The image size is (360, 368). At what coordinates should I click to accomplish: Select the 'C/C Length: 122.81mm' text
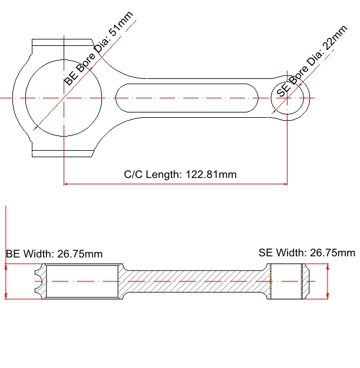click(180, 174)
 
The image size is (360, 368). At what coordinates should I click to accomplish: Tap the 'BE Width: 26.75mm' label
click(54, 254)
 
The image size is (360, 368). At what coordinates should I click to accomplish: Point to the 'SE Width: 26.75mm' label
click(307, 253)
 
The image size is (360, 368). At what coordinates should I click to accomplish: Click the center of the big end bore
click(63, 98)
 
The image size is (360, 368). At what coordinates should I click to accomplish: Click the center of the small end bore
click(288, 98)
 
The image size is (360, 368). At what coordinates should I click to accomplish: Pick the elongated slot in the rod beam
click(187, 98)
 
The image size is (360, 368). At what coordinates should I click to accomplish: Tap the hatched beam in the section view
click(194, 281)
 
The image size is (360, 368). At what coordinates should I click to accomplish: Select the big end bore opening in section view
click(82, 281)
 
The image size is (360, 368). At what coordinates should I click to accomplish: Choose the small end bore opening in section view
click(286, 281)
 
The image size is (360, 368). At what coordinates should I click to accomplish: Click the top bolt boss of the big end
click(62, 43)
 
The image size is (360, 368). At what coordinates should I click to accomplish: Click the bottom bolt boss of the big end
click(62, 153)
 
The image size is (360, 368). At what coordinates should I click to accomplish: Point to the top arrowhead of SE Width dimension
click(327, 266)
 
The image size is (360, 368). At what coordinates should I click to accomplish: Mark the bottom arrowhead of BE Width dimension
click(5, 296)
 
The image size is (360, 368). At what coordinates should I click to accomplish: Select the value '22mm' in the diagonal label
click(334, 38)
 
